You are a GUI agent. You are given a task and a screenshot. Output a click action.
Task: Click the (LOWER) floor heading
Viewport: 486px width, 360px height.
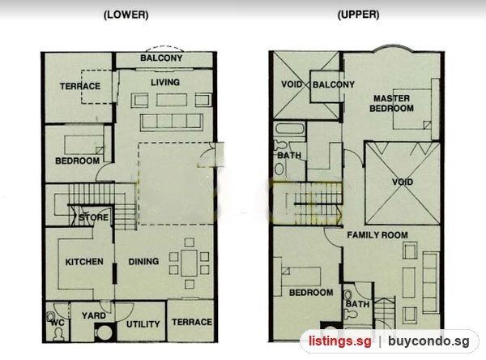126,15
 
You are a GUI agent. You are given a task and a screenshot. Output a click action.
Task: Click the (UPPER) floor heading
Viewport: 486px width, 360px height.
358,15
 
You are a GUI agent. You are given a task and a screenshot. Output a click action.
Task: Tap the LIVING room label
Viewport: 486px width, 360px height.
165,82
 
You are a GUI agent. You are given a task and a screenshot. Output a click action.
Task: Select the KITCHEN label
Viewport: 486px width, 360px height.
84,262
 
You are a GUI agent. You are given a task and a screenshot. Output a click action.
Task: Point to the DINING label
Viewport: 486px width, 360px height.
143,261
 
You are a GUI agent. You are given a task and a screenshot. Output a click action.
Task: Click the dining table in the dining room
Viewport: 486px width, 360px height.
190,263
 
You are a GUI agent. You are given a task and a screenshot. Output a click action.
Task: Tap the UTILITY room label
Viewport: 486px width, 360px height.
143,324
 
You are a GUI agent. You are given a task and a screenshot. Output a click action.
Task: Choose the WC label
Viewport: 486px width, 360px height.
58,323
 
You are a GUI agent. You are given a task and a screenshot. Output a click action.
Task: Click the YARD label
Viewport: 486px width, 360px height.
94,315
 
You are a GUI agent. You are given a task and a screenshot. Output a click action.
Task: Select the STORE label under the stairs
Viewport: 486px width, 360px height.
93,217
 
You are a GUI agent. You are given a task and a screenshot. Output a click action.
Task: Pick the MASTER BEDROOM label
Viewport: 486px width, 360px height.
391,103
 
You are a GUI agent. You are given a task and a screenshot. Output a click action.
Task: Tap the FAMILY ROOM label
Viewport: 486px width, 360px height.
377,235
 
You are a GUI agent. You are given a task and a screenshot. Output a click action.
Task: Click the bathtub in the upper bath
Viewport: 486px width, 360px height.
290,128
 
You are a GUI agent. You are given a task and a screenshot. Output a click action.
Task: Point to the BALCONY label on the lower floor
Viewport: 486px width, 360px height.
161,58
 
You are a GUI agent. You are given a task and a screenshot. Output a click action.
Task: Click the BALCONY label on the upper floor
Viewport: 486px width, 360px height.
334,84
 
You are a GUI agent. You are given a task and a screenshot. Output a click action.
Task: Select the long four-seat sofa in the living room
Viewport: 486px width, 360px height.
172,122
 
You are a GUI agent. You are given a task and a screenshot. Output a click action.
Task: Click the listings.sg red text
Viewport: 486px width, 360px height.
340,341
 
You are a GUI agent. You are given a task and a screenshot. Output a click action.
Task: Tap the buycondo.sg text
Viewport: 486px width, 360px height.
428,341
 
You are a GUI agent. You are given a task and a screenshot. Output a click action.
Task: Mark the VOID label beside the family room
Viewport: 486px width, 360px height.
403,182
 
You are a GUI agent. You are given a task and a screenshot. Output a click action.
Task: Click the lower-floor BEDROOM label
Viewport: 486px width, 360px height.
77,161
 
